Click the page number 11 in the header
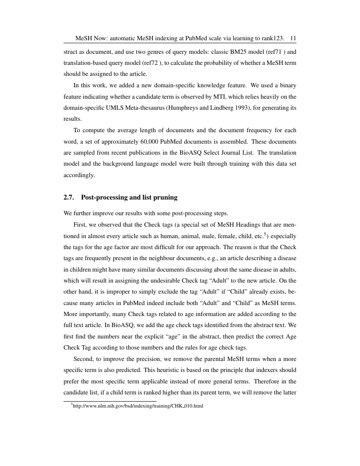pos(293,39)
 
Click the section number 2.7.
pos(69,197)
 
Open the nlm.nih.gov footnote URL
pos(138,406)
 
